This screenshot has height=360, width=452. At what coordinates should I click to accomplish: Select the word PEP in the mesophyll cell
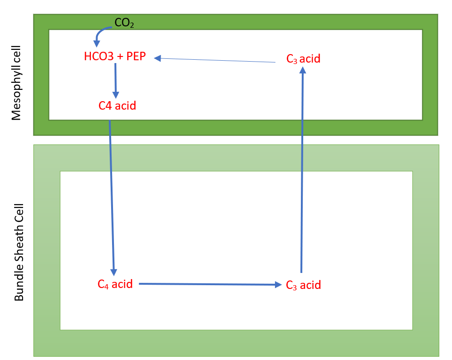pos(136,56)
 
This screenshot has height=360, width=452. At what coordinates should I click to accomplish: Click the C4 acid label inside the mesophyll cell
pos(117,105)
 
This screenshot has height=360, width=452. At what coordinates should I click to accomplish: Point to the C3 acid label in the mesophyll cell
pos(303,59)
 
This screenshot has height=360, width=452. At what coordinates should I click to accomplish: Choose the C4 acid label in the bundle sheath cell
pos(115,284)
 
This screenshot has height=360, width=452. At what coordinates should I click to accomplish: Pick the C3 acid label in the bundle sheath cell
pos(303,285)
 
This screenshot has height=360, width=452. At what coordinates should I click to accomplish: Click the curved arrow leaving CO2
pos(100,33)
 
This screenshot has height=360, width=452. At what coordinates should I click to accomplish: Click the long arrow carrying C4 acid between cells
pos(112,198)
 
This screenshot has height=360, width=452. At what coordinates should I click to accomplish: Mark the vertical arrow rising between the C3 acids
pos(302,169)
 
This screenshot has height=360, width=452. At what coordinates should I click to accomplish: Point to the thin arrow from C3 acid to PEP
pos(217,60)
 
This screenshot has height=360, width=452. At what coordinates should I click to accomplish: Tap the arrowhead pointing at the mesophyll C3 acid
pos(303,69)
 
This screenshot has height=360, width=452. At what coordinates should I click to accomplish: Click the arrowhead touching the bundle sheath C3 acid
pos(278,285)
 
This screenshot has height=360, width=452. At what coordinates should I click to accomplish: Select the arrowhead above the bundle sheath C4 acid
pos(113,272)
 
